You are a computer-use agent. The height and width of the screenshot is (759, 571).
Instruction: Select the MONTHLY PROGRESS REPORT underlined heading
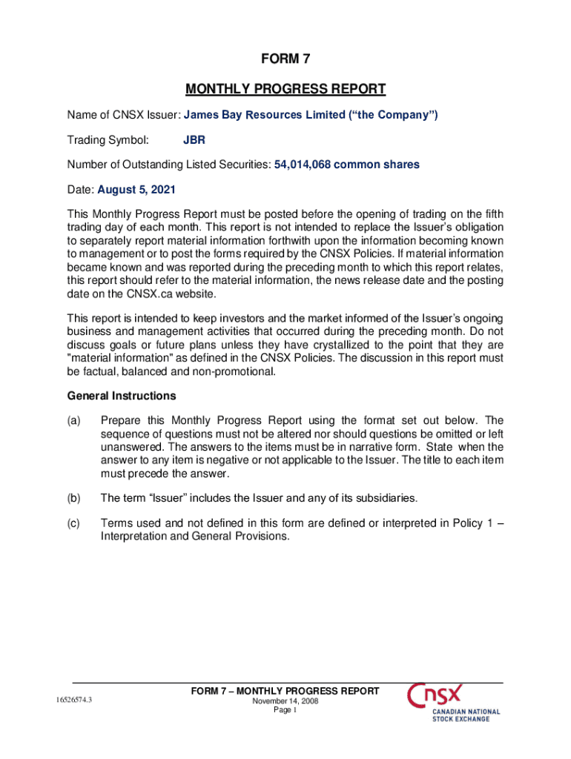tap(285, 90)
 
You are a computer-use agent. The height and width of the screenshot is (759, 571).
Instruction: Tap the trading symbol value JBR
tap(194, 139)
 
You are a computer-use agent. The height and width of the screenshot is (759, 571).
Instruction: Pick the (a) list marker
tap(73, 421)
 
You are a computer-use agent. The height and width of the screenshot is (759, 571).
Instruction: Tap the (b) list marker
tap(73, 497)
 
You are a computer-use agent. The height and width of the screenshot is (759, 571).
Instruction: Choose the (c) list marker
tap(73, 523)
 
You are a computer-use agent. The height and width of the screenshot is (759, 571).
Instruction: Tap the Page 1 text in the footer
tap(285, 710)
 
